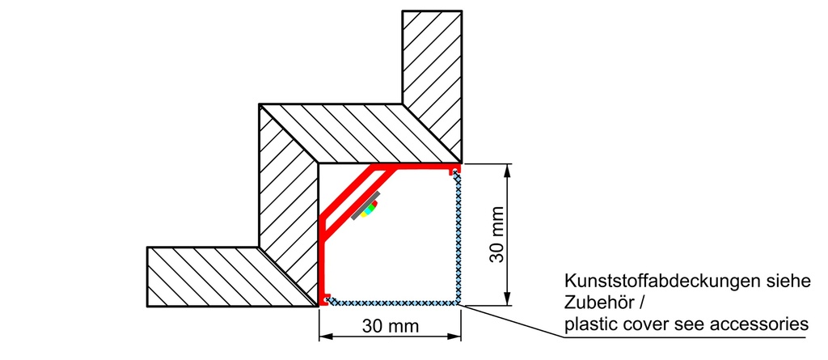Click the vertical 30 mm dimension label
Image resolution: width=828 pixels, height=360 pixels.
coord(497,234)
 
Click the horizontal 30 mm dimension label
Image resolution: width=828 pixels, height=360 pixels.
coord(391,326)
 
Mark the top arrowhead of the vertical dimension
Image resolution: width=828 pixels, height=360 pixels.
coord(508,170)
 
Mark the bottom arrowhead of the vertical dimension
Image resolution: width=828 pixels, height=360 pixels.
coord(508,299)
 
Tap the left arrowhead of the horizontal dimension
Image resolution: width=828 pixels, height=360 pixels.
coord(327,337)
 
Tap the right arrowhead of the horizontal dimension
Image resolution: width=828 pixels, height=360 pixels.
coord(454,337)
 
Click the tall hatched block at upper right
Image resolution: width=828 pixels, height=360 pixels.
coord(432,79)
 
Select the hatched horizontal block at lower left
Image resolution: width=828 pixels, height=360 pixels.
coord(222,277)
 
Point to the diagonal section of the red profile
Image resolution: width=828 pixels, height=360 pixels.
coord(348,193)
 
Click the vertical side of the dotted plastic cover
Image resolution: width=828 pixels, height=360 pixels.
coord(458,239)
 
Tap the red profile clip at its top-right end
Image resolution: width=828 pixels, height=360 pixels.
coord(454,170)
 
